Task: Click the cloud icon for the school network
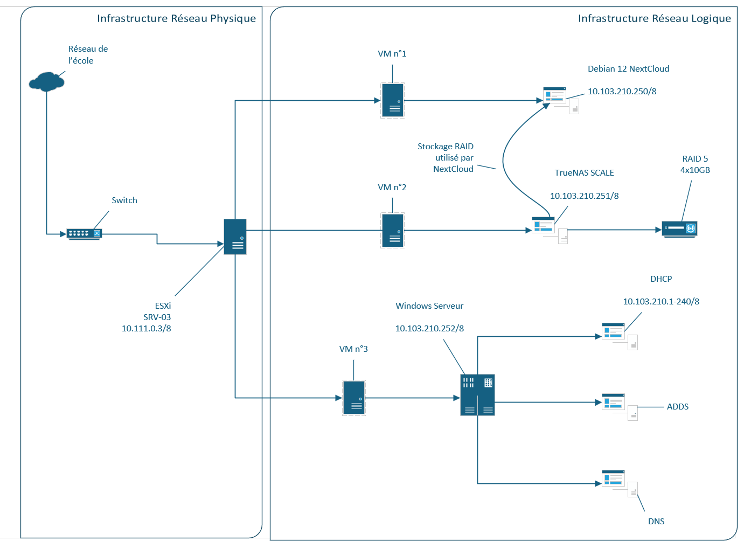coord(46,81)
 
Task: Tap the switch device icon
coord(84,234)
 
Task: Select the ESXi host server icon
coord(235,237)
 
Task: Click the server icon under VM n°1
coord(393,100)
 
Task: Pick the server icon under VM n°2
coord(393,231)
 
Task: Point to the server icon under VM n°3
coord(354,398)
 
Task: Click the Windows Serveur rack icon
coord(478,395)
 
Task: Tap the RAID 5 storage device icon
coord(679,230)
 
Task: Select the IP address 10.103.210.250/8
coord(622,92)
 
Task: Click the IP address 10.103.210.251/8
coord(585,196)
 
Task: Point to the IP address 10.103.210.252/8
coord(429,329)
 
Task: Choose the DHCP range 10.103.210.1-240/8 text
coord(661,302)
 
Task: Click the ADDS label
coord(678,407)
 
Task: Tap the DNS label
coord(656,522)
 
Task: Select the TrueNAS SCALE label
coord(584,173)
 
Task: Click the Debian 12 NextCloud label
coord(628,69)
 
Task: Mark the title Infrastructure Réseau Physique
coord(176,19)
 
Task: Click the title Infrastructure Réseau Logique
coord(655,19)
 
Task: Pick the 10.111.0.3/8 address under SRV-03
coord(146,329)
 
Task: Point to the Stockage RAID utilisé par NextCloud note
coord(446,158)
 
